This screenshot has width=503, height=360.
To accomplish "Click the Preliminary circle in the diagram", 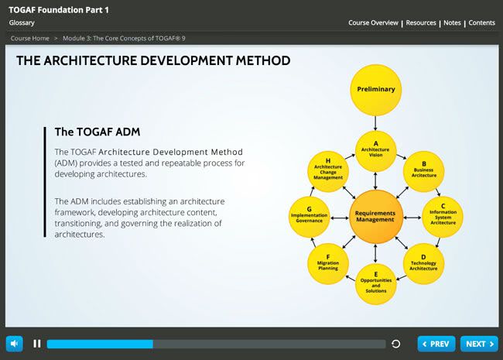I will (x=375, y=90).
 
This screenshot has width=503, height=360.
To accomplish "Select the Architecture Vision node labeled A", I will (x=375, y=149).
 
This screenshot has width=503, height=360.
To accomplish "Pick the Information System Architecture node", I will (x=443, y=217).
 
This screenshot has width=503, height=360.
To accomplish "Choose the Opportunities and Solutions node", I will (x=376, y=283).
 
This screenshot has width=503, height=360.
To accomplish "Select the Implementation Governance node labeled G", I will (x=310, y=216).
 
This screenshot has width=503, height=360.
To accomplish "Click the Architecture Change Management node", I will (x=328, y=171).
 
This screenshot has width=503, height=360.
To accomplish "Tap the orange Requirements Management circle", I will (x=375, y=216).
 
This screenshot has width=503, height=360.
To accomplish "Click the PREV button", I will (x=436, y=344).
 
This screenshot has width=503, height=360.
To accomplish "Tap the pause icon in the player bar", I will (x=36, y=344).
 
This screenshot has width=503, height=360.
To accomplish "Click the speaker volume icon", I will (x=14, y=344).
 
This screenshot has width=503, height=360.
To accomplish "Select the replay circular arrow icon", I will (x=396, y=344).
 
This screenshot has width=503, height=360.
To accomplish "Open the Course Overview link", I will (x=373, y=22).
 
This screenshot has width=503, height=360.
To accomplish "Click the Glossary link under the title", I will (x=22, y=22).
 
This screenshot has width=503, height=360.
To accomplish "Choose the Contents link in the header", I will (x=481, y=22).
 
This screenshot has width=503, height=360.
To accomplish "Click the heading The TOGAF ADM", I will (x=98, y=132).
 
